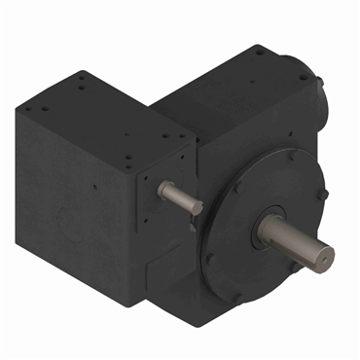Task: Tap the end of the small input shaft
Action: click(198, 207)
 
